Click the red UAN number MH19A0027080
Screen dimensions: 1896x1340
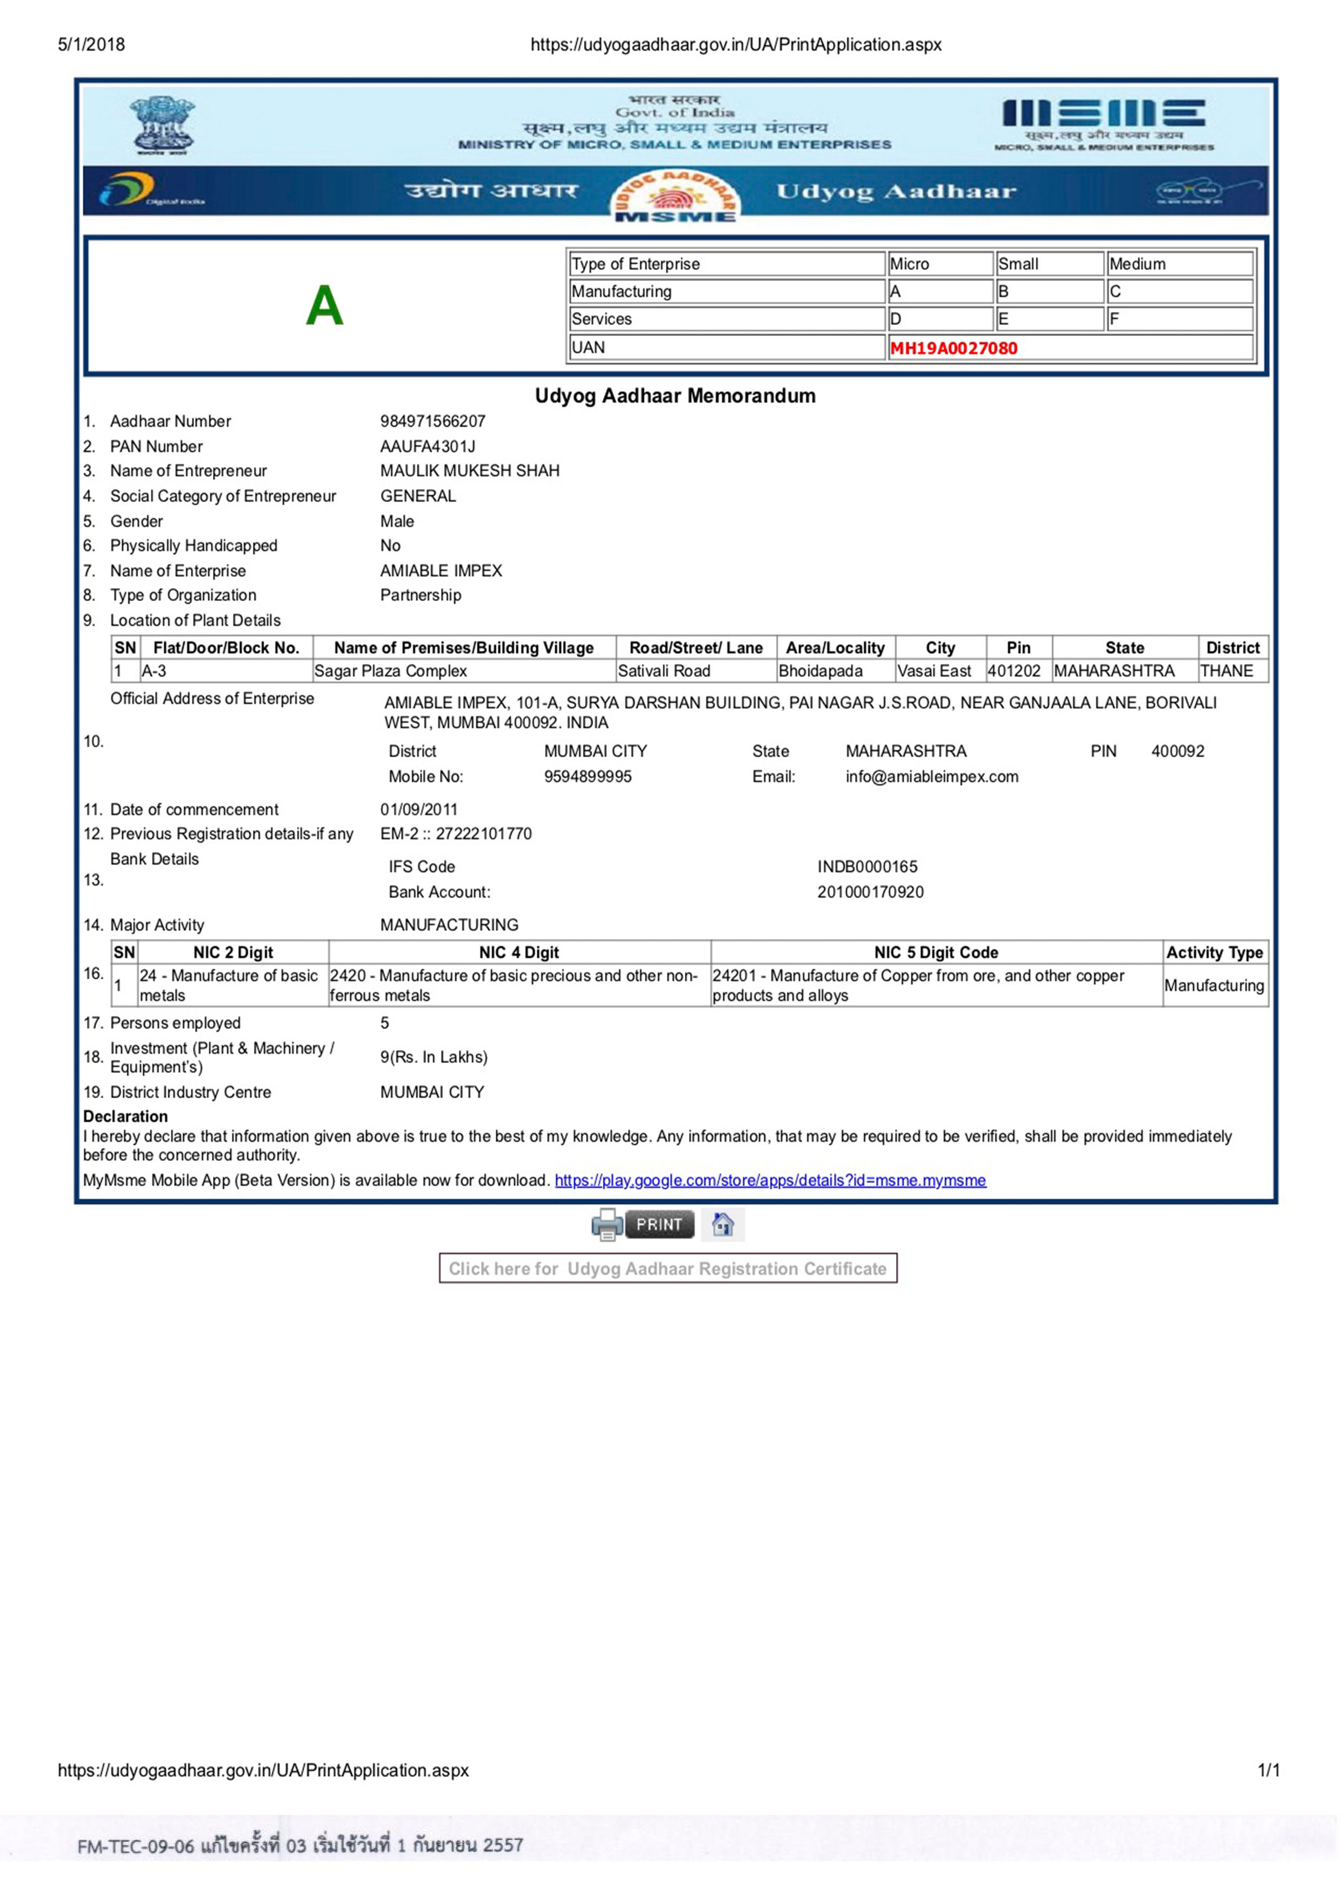point(953,348)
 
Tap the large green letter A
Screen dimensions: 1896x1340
point(324,305)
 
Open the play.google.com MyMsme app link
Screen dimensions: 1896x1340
point(770,1180)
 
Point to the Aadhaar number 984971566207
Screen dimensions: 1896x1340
point(432,421)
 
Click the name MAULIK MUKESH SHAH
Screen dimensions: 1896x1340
point(470,471)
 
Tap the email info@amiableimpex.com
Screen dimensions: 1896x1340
point(931,776)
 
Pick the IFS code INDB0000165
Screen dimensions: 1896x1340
point(867,866)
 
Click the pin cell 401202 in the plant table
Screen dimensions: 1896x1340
point(1014,671)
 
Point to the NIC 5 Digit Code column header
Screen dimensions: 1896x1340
point(936,952)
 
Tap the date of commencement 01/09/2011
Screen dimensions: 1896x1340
point(418,809)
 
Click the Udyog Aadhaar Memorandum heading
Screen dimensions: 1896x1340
point(675,396)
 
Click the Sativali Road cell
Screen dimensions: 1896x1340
point(664,671)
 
